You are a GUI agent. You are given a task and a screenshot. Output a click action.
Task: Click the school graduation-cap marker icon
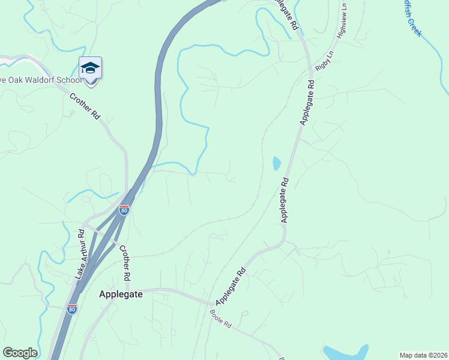(90, 67)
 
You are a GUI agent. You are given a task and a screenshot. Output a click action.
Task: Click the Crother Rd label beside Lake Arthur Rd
(124, 263)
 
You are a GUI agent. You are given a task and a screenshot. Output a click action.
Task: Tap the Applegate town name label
(120, 295)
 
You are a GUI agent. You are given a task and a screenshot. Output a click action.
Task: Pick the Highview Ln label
(341, 23)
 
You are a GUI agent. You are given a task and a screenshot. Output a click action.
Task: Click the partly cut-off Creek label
(412, 18)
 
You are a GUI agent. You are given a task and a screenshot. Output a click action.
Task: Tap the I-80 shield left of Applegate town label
(72, 309)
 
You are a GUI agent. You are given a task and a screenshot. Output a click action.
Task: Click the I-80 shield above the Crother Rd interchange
(124, 210)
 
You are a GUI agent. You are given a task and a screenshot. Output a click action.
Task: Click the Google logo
(20, 353)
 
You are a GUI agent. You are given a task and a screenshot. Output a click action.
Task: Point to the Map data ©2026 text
(423, 355)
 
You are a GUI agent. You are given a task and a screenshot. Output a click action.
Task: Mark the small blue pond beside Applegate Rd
(277, 163)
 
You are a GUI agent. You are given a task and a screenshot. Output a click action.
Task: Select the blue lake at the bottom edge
(345, 352)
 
